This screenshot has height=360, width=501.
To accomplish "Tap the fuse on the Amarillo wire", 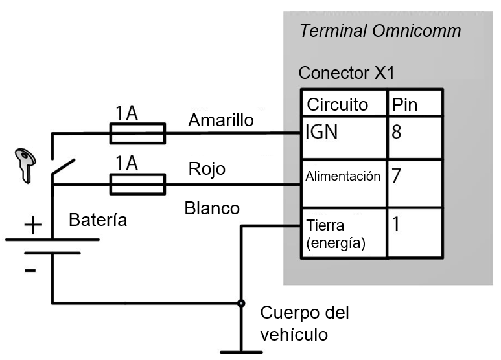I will pos(137,134).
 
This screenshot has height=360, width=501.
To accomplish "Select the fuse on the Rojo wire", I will pos(137,185).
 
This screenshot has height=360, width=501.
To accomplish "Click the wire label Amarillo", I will pos(220,120).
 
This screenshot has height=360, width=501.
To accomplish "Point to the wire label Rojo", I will pos(207,169).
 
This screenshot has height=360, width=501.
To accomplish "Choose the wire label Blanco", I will pos(212,208).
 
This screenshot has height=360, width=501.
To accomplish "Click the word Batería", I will pos(98,220).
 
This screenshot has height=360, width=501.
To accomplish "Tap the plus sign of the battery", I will pos(32,226).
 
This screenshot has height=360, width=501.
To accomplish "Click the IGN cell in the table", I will pos(321,133).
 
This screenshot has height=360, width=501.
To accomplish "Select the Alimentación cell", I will pos(343,176).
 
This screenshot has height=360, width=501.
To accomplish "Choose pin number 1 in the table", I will pos(397,225).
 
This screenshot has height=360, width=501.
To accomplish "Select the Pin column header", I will pos(404,104).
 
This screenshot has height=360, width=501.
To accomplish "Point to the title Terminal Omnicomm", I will pos(380,31).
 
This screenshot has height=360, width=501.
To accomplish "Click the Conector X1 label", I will pos(346,73).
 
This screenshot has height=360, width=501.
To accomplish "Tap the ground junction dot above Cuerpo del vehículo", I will pos(241,302).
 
